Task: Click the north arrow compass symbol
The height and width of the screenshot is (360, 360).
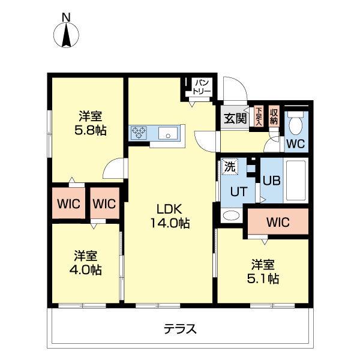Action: pos(67,36)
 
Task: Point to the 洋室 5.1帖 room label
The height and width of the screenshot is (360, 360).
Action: pos(265,271)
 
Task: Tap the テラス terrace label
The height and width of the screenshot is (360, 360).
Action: pos(181,329)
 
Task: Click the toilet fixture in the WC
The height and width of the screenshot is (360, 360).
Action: pos(295,124)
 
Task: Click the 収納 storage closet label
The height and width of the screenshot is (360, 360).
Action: pos(274,116)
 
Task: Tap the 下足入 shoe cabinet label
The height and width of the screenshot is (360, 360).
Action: pos(259,115)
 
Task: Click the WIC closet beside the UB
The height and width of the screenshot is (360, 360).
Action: pos(278,222)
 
